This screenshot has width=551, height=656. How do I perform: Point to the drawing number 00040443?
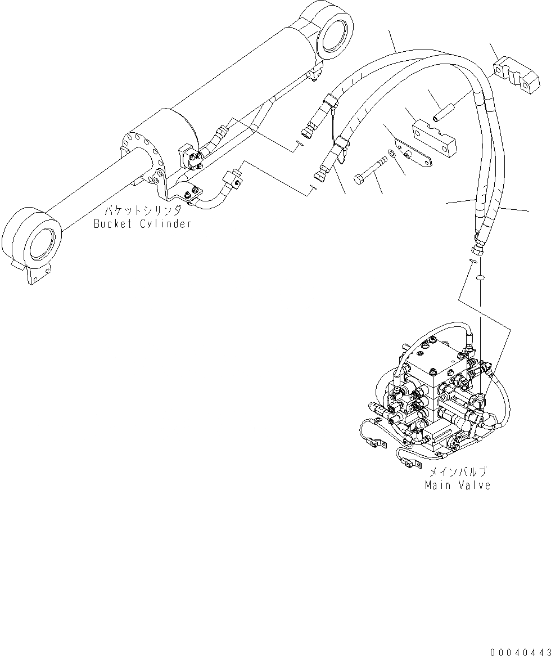(520, 651)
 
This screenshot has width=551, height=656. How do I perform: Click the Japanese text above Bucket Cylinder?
(143, 212)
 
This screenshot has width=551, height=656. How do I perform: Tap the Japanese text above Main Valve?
(458, 473)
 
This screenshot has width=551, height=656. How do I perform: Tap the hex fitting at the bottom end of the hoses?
(476, 247)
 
